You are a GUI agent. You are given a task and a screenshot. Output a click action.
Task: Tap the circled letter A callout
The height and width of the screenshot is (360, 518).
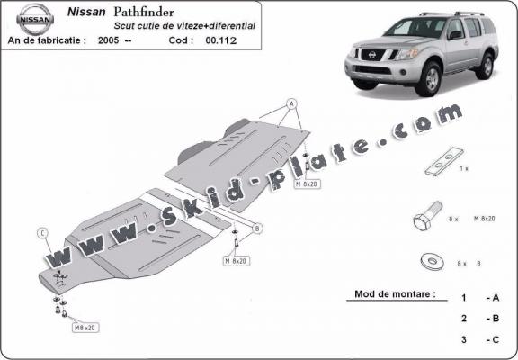290,104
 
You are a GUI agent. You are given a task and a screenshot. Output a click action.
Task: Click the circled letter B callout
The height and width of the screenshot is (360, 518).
257,229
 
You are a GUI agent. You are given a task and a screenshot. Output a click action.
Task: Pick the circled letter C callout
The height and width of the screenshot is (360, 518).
41,235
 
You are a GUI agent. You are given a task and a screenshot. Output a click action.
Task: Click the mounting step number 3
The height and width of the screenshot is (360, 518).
463,339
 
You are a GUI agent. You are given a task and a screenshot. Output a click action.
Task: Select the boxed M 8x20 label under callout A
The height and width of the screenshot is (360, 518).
308,183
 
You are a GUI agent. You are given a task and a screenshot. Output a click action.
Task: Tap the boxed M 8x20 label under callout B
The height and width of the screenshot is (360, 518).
236,261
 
